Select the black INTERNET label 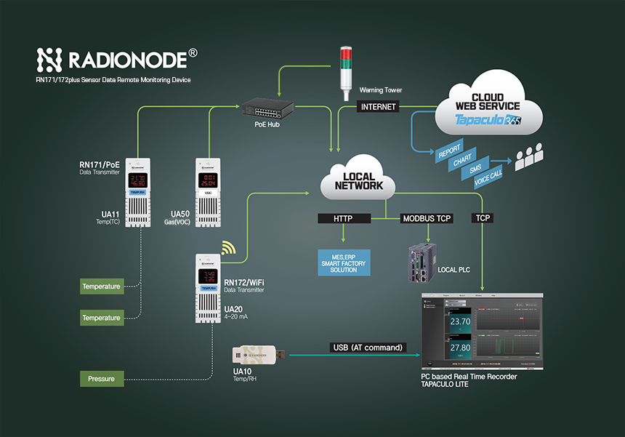[x=379, y=107]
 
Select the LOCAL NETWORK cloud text [x=359, y=181]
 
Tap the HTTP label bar [x=342, y=218]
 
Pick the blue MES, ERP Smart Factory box [x=344, y=262]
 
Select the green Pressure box [x=101, y=379]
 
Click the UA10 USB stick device [x=258, y=354]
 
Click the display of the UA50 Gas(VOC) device [x=208, y=180]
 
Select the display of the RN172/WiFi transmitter [x=207, y=276]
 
